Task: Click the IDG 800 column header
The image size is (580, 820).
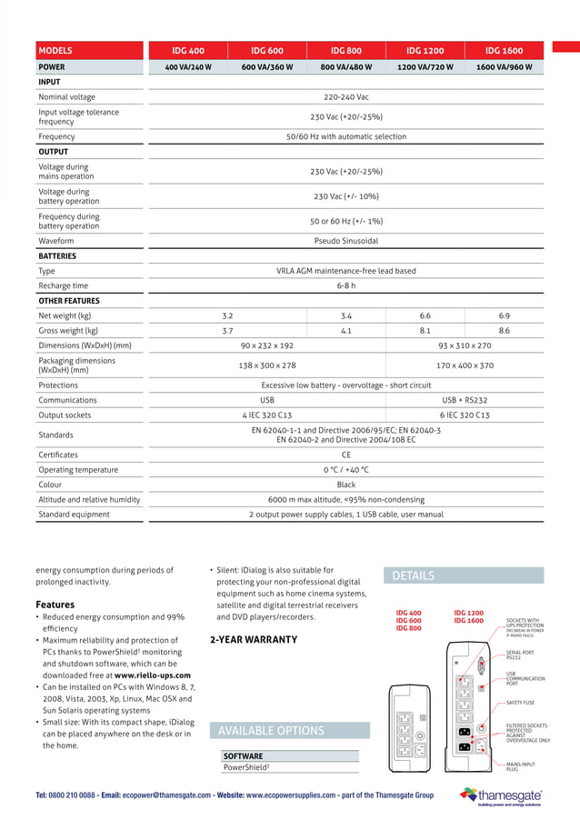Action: pyautogui.click(x=345, y=51)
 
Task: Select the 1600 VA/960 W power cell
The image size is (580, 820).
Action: pyautogui.click(x=504, y=67)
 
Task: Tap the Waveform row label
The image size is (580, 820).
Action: pyautogui.click(x=56, y=241)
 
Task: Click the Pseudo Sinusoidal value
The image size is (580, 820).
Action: pyautogui.click(x=345, y=241)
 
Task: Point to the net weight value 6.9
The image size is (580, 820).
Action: pyautogui.click(x=504, y=315)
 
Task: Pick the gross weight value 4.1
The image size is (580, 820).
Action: pyautogui.click(x=345, y=331)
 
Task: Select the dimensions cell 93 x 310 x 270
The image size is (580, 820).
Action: pyautogui.click(x=464, y=345)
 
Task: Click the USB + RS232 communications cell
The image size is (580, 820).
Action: pyautogui.click(x=464, y=400)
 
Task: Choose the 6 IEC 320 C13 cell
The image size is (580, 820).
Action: pyautogui.click(x=464, y=415)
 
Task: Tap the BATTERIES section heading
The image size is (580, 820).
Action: pyautogui.click(x=57, y=256)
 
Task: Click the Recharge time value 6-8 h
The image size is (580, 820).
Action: pyautogui.click(x=345, y=285)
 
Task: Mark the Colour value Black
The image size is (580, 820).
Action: pyautogui.click(x=345, y=485)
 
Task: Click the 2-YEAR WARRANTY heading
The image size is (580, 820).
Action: pyautogui.click(x=254, y=640)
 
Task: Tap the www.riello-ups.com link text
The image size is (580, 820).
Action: pyautogui.click(x=153, y=675)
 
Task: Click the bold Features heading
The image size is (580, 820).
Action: pyautogui.click(x=55, y=605)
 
